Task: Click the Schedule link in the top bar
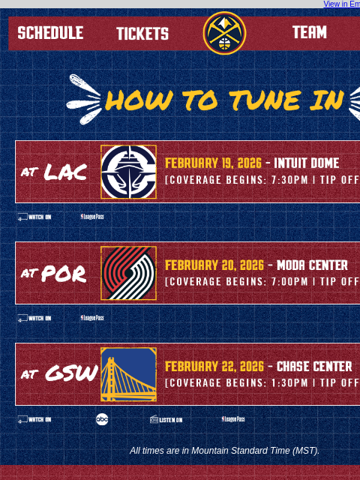pos(50,33)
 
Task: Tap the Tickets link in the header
pos(142,34)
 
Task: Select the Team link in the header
pos(309,33)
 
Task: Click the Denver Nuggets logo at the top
pos(224,33)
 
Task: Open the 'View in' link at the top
pos(341,4)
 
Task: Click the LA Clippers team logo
pos(128,172)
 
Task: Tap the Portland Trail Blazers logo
pos(128,273)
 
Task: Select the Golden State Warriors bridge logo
pos(128,374)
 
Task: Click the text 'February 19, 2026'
pos(213,163)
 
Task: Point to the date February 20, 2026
pos(214,265)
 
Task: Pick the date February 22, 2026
pos(214,366)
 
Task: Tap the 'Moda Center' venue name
pos(312,265)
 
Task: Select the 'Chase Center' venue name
pos(314,366)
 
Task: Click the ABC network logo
pos(102,419)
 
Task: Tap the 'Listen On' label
pos(166,419)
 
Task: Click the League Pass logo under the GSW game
pos(232,419)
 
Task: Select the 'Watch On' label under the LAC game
pos(34,217)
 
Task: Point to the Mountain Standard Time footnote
pos(224,451)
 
